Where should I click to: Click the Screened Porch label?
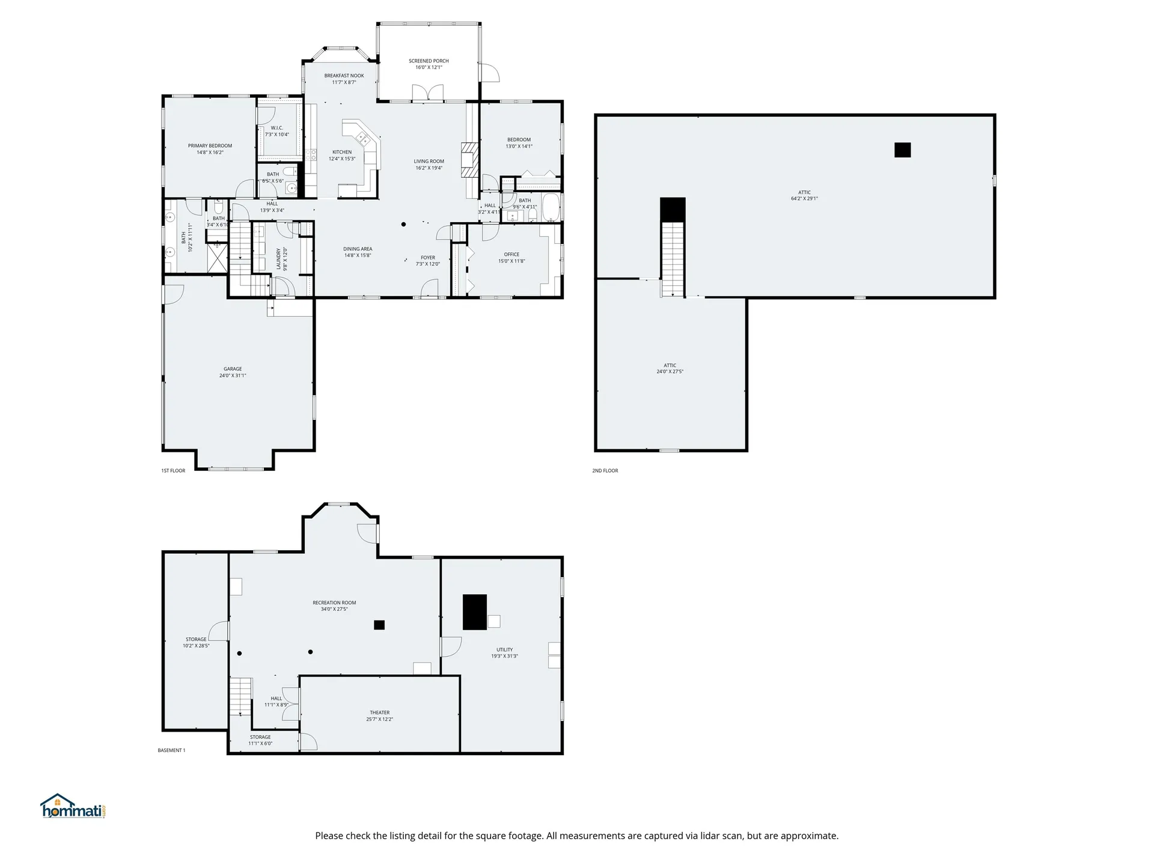click(429, 61)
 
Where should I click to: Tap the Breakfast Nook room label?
click(344, 76)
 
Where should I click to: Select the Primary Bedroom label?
click(210, 146)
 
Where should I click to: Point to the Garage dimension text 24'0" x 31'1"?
click(233, 376)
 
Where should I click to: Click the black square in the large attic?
click(902, 150)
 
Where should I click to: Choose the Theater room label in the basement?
click(379, 713)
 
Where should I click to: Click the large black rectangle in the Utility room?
click(474, 612)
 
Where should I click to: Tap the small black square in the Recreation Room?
click(379, 625)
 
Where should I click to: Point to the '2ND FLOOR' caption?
click(605, 471)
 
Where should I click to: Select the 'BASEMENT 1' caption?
click(171, 750)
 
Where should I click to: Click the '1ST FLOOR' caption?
click(173, 471)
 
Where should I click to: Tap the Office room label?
click(511, 255)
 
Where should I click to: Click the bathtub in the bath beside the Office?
click(551, 207)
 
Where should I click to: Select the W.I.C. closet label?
click(276, 128)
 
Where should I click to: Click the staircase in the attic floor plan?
click(673, 258)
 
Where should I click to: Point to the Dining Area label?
click(358, 249)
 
